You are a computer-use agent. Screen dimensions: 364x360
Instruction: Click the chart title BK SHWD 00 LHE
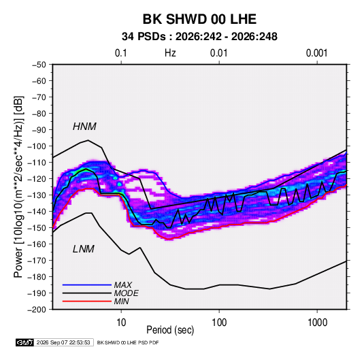point(199,19)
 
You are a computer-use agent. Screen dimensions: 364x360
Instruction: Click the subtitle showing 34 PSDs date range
point(199,37)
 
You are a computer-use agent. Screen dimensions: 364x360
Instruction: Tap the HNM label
point(84,127)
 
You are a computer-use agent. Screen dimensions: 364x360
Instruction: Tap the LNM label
point(84,249)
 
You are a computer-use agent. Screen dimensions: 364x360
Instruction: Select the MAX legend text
point(123,284)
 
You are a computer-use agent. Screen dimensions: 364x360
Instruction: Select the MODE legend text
point(127,293)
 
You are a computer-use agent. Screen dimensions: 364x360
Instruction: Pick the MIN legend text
point(121,301)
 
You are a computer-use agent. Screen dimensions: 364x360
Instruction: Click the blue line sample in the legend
point(87,285)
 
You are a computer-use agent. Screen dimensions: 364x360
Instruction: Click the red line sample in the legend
point(87,301)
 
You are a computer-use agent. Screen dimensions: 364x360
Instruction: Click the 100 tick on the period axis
point(219,323)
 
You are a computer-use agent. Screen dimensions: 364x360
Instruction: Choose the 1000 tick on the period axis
point(317,323)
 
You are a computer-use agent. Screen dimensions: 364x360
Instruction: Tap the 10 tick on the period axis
point(121,323)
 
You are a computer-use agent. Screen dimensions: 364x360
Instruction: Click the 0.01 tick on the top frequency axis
point(218,53)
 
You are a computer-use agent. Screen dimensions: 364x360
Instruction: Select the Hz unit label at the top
point(170,53)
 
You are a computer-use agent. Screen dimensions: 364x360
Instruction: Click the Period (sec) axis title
point(170,330)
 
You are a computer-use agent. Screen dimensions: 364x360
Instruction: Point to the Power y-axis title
point(18,186)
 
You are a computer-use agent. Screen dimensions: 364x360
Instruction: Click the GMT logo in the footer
point(25,342)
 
